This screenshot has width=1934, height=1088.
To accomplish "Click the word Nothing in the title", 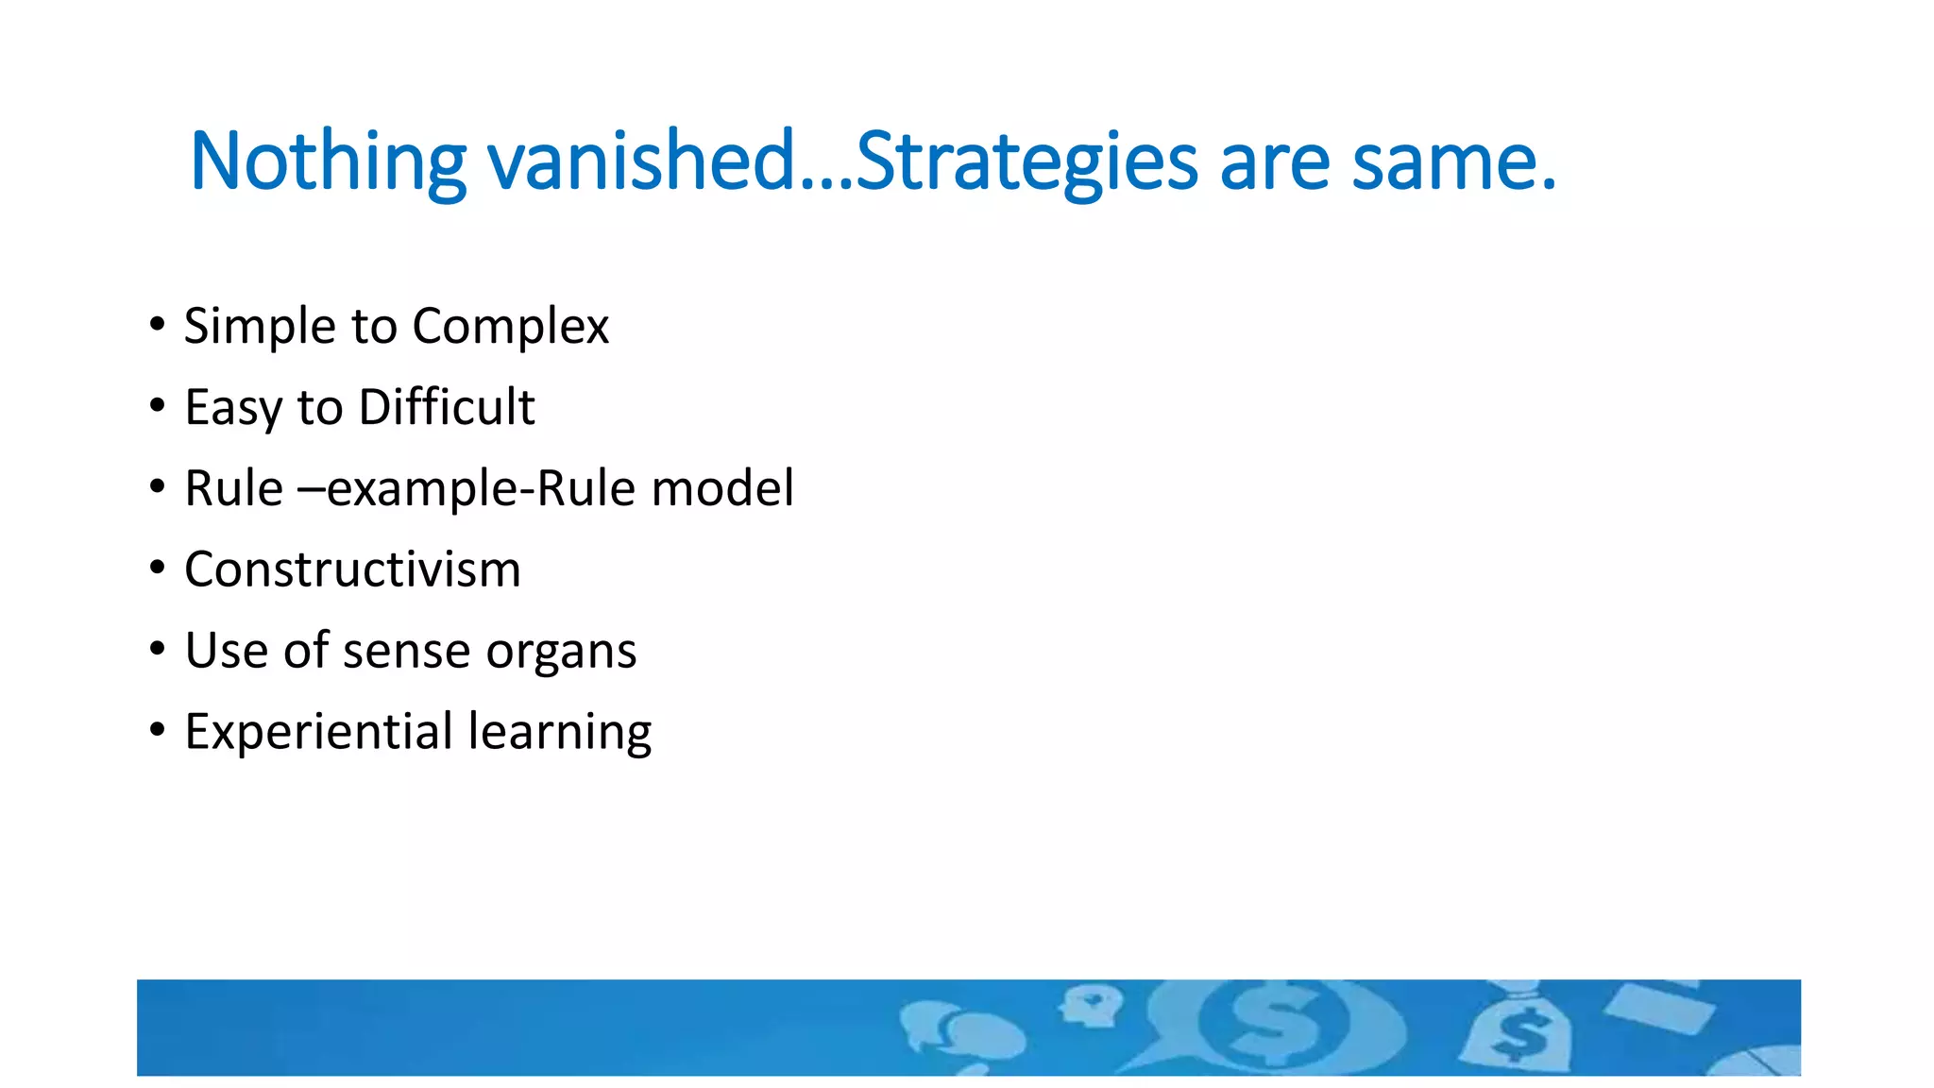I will click(327, 162).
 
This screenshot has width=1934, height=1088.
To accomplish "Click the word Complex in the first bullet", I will click(510, 328).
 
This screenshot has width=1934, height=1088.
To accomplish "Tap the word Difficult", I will click(447, 408).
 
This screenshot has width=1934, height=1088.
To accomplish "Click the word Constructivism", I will click(352, 569).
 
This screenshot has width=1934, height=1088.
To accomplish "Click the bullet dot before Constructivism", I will click(158, 569).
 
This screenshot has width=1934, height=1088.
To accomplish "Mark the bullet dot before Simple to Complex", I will click(158, 325).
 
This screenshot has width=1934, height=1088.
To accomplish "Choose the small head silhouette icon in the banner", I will click(1091, 1005).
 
